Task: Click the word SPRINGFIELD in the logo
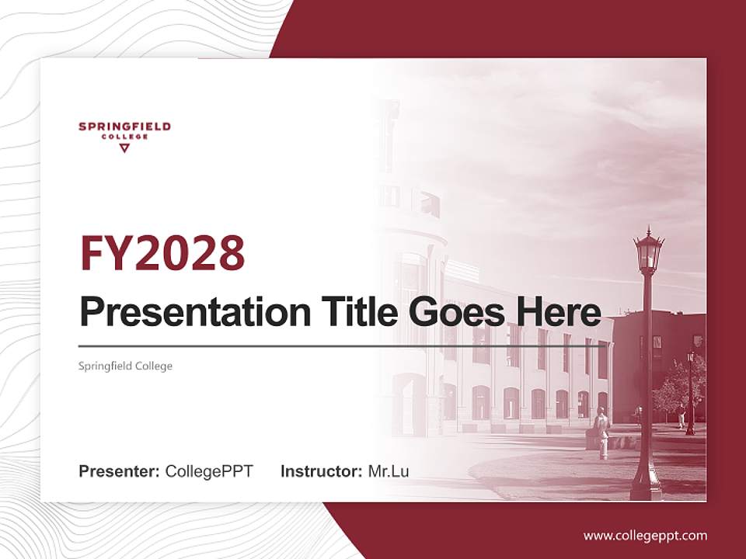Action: coord(124,127)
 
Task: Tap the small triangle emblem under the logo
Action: coord(124,148)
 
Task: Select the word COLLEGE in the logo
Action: coord(124,137)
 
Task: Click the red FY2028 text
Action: coord(162,253)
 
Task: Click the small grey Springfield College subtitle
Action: coord(125,366)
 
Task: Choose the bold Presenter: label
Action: coord(120,471)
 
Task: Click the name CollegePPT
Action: coord(209,471)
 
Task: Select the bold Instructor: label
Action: coord(321,471)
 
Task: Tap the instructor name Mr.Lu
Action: coord(389,471)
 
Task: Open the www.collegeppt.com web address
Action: coord(645,535)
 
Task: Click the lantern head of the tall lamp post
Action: coord(648,252)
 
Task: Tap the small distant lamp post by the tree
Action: coord(690,392)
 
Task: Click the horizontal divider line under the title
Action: coord(342,346)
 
